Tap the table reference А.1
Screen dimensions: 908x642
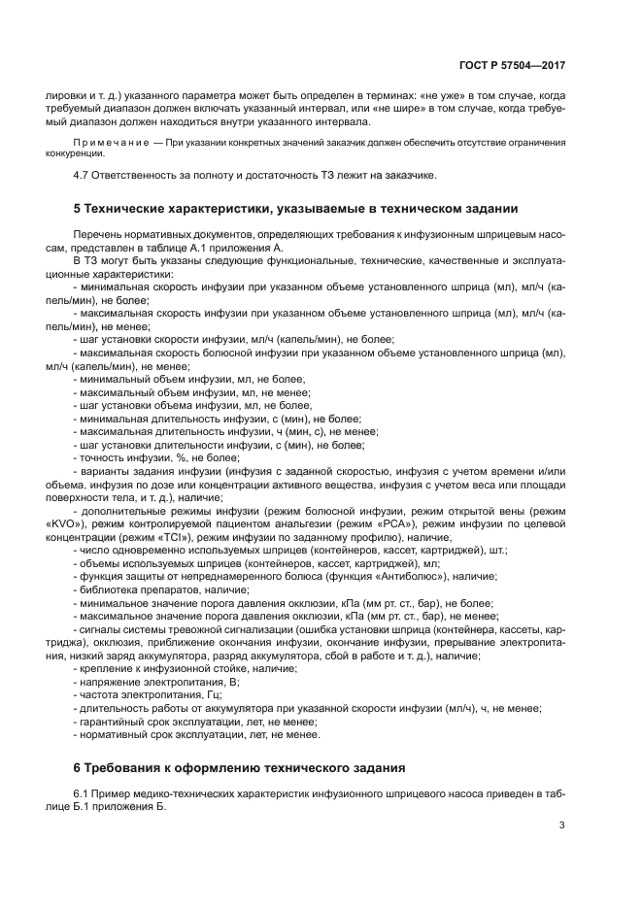point(210,249)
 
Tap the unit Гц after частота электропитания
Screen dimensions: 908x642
point(202,695)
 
